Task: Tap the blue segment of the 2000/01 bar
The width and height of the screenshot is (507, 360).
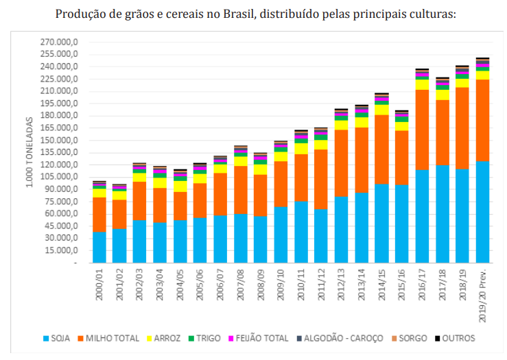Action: [99, 247]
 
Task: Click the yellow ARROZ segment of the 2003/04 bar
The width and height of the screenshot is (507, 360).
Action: [160, 182]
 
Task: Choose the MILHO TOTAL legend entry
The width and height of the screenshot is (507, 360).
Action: [110, 338]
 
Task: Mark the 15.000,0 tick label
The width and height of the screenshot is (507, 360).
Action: [64, 250]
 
